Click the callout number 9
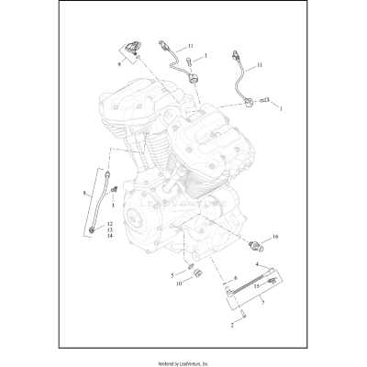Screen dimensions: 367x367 118,65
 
